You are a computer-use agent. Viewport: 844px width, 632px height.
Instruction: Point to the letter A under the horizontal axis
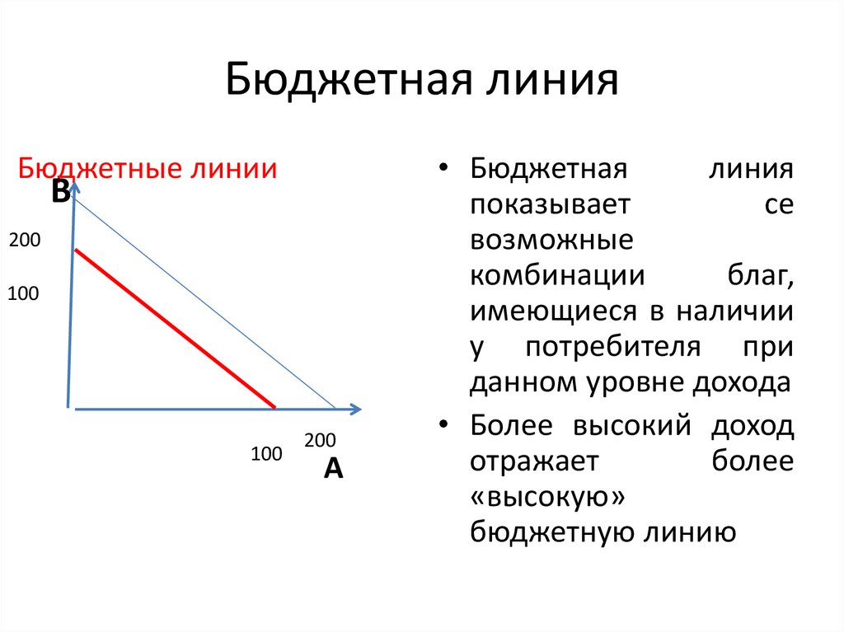click(333, 468)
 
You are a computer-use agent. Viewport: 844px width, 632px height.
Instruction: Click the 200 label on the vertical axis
click(25, 241)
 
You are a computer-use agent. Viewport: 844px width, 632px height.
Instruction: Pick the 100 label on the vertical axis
click(24, 293)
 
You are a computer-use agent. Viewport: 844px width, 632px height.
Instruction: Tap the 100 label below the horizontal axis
click(266, 453)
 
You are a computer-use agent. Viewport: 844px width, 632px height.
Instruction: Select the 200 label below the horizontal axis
click(320, 441)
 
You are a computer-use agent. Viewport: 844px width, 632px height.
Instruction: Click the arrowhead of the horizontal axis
click(355, 408)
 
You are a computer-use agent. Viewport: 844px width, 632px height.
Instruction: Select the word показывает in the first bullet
click(551, 205)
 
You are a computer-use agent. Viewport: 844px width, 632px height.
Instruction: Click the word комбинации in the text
click(557, 276)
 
